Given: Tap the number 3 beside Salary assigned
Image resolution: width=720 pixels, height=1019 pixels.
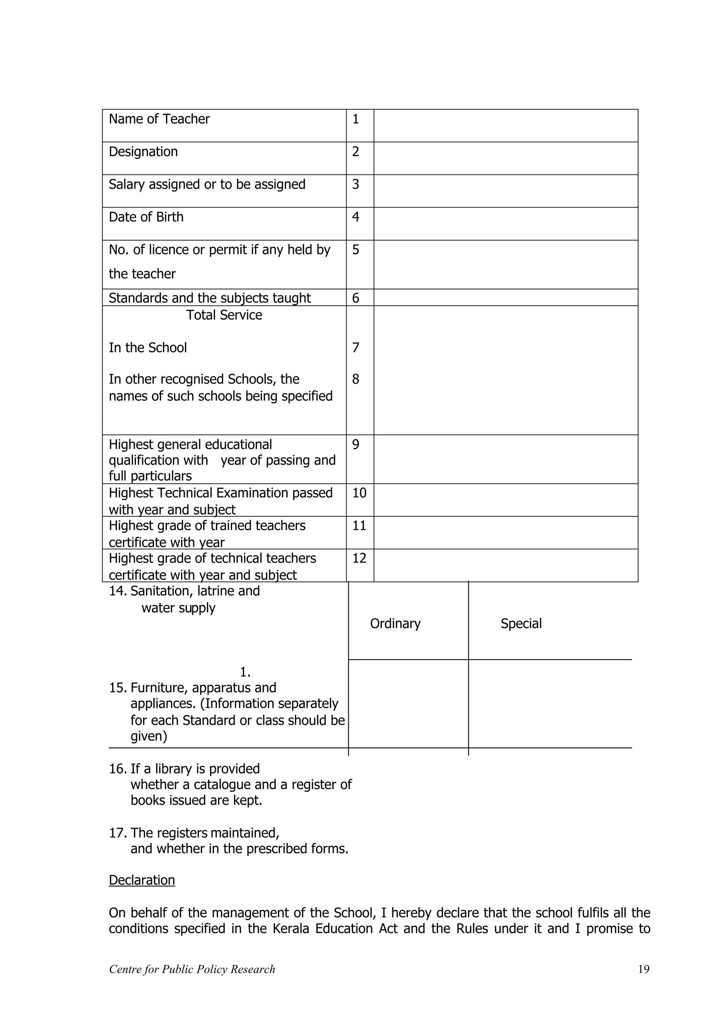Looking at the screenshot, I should coord(355,184).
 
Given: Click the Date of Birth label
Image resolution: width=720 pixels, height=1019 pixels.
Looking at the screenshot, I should coord(146,217).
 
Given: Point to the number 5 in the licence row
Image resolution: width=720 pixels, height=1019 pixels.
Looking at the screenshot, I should coord(355,250).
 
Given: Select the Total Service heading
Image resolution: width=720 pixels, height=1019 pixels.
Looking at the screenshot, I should coord(224,315).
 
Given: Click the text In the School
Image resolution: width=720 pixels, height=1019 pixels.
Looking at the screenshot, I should coord(148,347).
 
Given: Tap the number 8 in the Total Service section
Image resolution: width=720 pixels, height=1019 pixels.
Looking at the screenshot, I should coord(355,379).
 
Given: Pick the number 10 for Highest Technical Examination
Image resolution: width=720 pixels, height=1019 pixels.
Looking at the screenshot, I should coord(359,493).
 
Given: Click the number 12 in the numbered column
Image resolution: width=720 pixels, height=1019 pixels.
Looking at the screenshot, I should coord(359,558).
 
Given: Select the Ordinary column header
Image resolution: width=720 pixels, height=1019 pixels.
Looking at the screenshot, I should coord(395,623).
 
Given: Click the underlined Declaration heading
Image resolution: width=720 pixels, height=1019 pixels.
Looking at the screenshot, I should coord(142,880).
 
